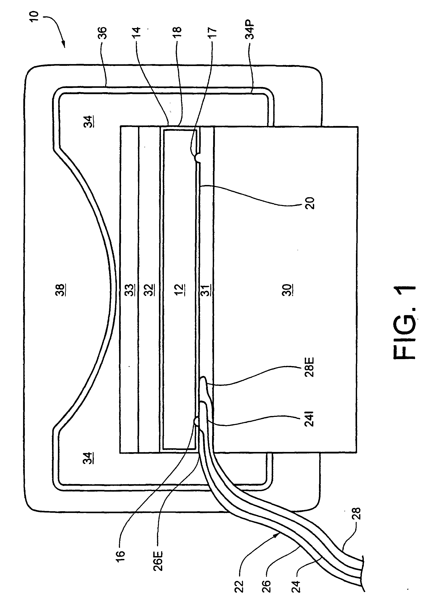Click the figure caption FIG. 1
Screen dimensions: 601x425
[x=404, y=322]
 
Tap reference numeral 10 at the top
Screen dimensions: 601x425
[x=35, y=16]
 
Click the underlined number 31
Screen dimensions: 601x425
[x=206, y=290]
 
